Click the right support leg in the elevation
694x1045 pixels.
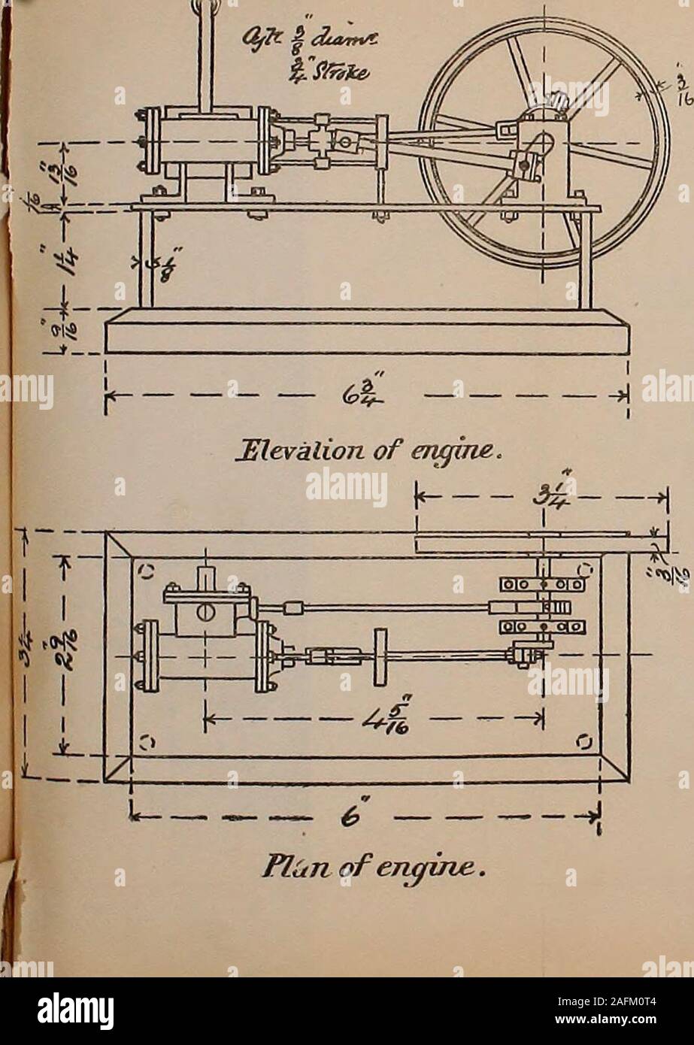(585, 259)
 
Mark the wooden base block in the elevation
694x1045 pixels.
(367, 333)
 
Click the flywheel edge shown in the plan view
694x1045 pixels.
(534, 535)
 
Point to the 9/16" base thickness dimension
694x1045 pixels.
(65, 329)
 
